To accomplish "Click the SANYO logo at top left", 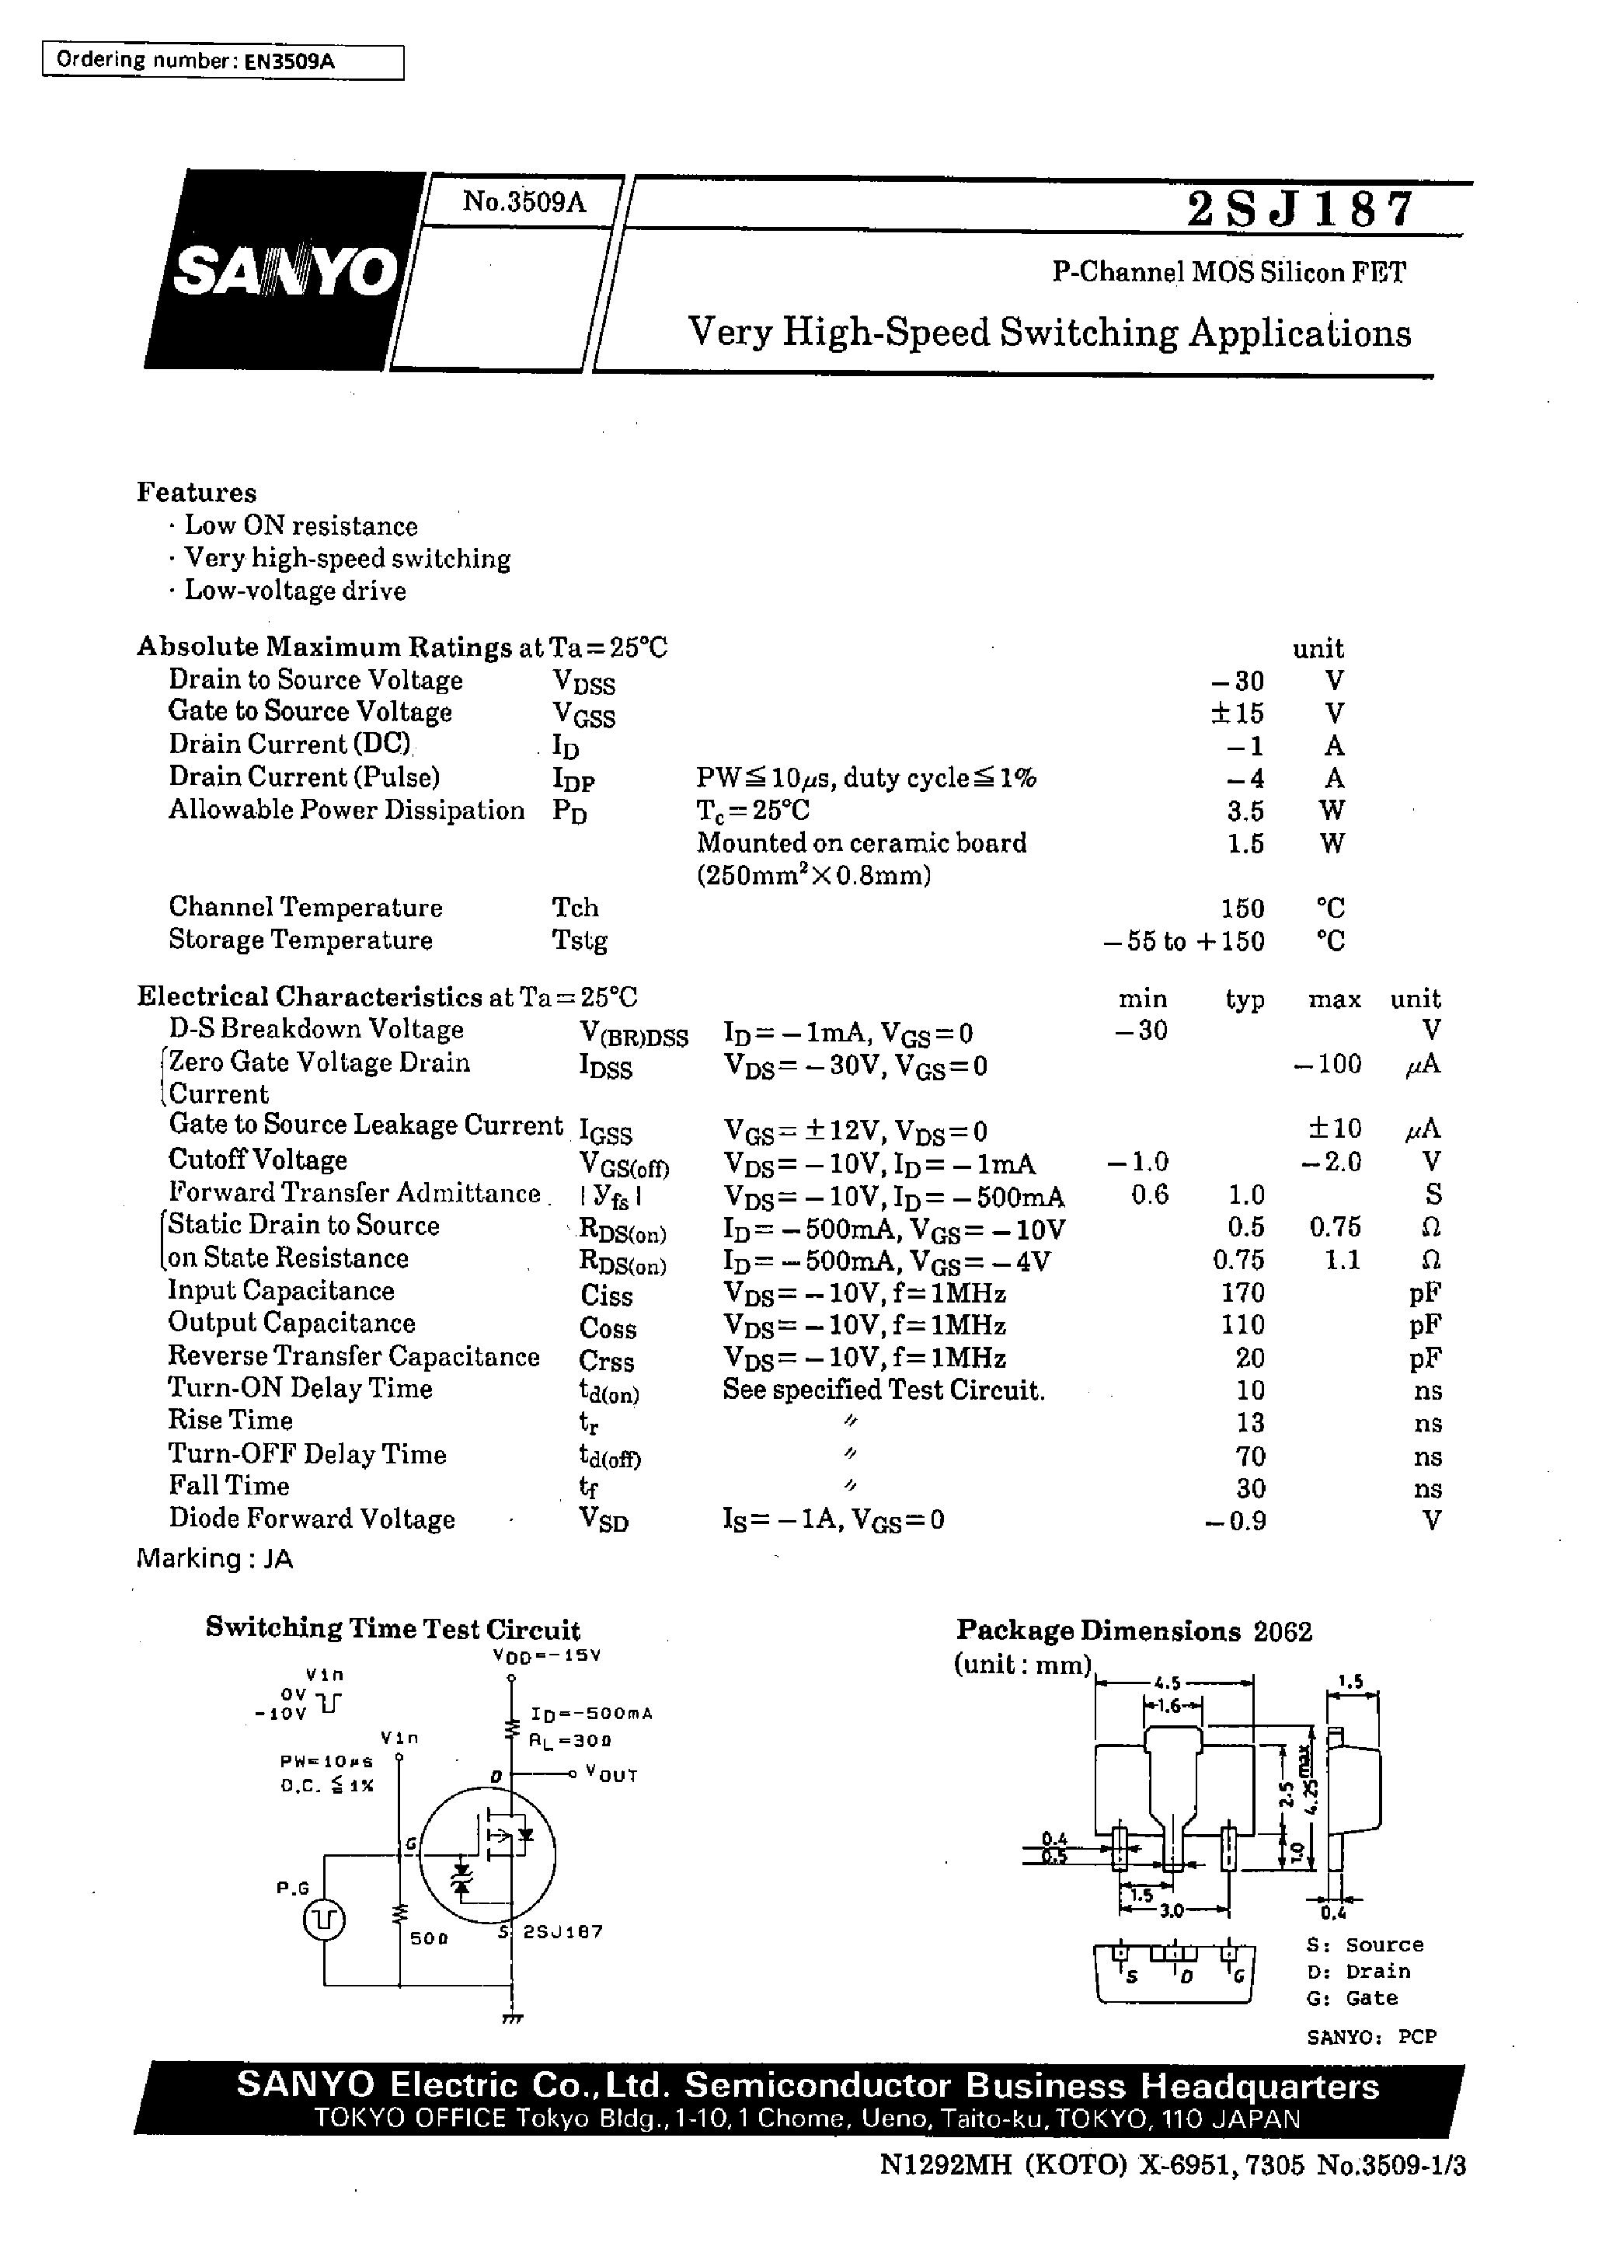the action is click(284, 270).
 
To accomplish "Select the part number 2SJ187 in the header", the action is click(1300, 210).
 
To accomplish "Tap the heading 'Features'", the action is click(196, 493).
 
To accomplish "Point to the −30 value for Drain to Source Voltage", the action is click(1238, 681).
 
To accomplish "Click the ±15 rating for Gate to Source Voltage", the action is click(1238, 713).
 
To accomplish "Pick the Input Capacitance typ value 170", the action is click(1244, 1292).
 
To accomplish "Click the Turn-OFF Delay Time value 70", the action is click(1250, 1456).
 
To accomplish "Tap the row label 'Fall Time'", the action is click(229, 1486).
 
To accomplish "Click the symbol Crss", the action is click(606, 1360).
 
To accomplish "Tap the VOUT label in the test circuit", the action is click(611, 1775).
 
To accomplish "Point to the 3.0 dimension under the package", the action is click(1172, 1911).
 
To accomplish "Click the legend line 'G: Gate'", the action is click(1351, 1998).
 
